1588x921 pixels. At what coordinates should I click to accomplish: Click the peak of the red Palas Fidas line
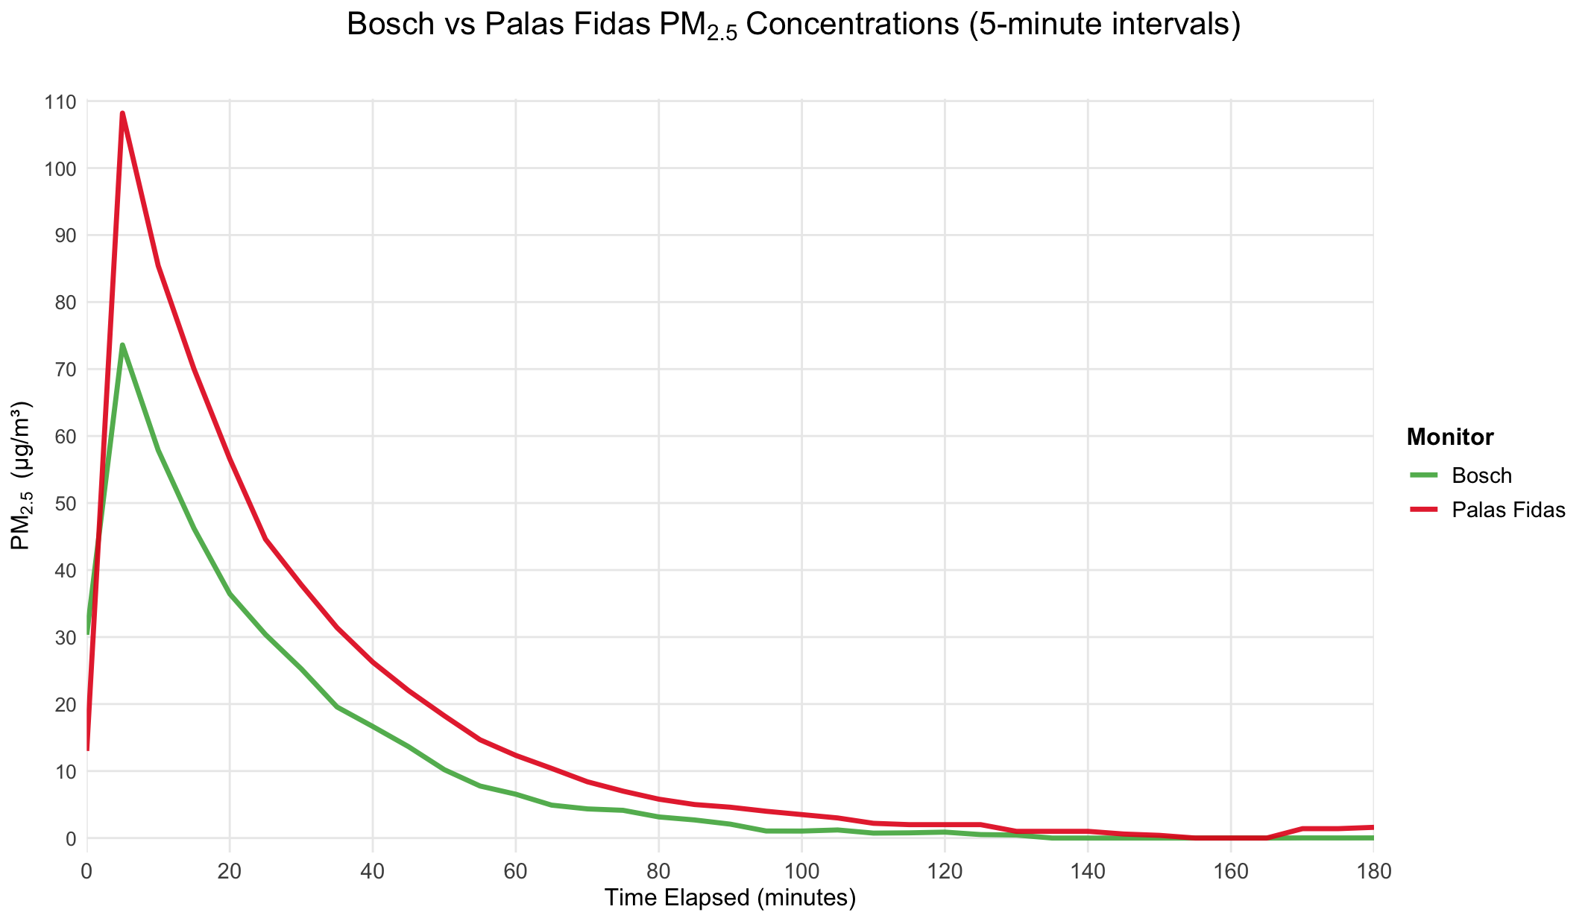tap(122, 113)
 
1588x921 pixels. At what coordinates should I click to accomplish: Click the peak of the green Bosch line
tap(122, 345)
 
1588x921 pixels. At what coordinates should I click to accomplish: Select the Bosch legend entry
tap(1481, 475)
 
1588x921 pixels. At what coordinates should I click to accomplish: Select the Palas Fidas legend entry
tap(1508, 510)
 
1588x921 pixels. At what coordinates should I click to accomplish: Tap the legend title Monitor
tap(1449, 437)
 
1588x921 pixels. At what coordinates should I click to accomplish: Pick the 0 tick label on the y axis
tap(72, 838)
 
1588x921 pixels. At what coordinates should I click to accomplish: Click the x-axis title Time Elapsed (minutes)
tap(730, 898)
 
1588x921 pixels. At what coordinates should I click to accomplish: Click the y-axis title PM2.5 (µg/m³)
tap(21, 475)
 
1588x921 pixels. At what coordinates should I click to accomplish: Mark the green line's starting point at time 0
tap(88, 633)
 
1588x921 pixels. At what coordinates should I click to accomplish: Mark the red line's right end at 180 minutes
tap(1372, 827)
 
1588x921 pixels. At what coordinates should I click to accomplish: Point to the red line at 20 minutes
tap(230, 458)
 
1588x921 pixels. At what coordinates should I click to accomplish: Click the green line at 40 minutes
tap(373, 727)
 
